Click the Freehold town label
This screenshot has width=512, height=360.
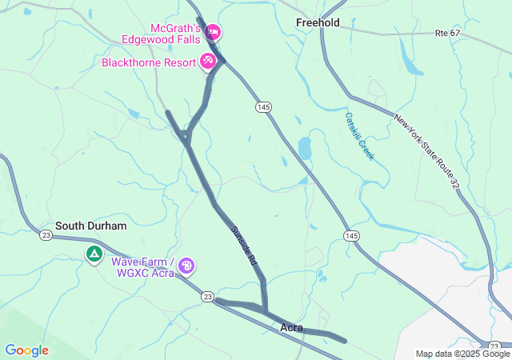[318, 22]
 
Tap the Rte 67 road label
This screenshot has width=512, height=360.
[448, 33]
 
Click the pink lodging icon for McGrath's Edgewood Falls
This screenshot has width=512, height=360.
[213, 32]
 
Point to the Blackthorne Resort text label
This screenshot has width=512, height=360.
[150, 62]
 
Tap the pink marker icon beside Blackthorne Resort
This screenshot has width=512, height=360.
[208, 60]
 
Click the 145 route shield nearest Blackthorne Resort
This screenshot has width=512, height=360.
[264, 106]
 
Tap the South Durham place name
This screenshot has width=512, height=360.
[90, 226]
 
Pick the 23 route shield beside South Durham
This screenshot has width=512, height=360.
[46, 234]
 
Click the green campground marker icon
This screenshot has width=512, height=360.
[94, 254]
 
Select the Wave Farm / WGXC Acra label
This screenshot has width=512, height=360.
[142, 266]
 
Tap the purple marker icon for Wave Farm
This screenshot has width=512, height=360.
[186, 266]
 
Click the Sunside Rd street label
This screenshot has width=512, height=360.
[243, 246]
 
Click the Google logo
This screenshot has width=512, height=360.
[26, 350]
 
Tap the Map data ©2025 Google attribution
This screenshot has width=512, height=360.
[462, 354]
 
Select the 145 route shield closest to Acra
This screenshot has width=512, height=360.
[352, 234]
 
